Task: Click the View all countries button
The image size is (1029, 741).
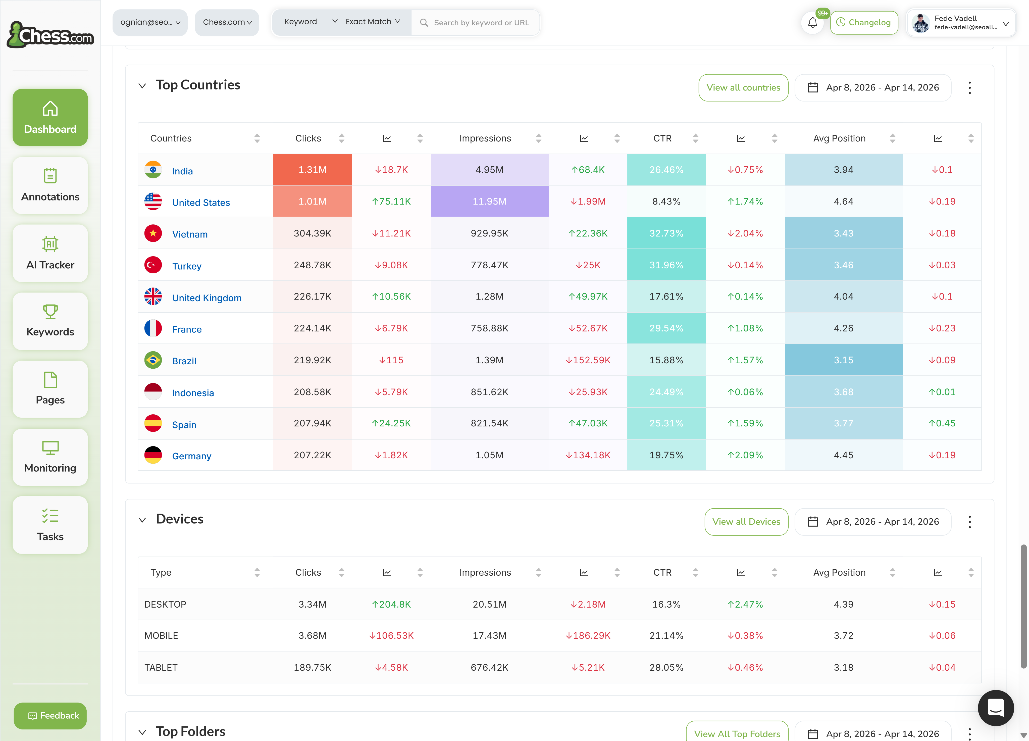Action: (743, 88)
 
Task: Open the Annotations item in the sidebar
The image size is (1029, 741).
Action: (50, 186)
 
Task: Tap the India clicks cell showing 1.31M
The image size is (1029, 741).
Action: (312, 170)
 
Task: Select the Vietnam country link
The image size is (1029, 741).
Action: (190, 234)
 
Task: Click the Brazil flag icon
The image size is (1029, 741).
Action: (153, 360)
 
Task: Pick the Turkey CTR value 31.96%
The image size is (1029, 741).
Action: (666, 265)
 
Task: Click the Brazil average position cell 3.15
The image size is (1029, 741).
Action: (843, 360)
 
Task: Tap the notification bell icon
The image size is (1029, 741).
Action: (812, 23)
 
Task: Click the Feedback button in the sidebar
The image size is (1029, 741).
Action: (50, 716)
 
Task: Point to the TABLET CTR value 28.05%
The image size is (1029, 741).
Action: (666, 667)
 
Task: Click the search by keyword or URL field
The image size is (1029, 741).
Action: (481, 23)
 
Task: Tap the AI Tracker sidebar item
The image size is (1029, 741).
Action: (50, 253)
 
